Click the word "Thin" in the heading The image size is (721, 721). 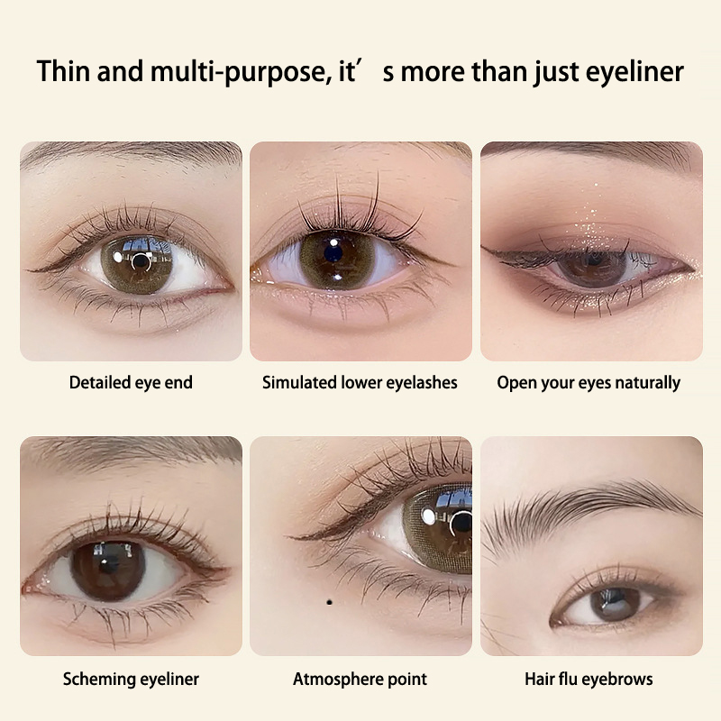(x=63, y=71)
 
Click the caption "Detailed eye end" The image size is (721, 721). (x=131, y=382)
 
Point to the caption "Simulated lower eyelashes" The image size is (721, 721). (x=360, y=382)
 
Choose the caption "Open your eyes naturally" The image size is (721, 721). (x=589, y=383)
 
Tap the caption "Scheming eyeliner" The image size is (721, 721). (x=131, y=680)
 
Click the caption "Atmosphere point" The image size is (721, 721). (x=360, y=680)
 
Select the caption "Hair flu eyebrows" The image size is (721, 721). (x=589, y=680)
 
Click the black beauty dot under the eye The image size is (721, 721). (x=329, y=602)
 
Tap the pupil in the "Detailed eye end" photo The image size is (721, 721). (x=141, y=262)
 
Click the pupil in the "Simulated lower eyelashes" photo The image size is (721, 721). (x=334, y=253)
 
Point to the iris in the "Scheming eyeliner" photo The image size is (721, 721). (x=108, y=570)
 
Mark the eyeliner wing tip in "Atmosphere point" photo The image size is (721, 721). (x=286, y=536)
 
